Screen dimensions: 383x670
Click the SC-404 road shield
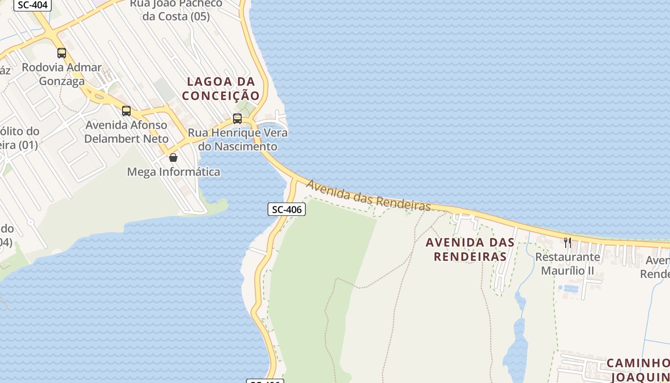pyautogui.click(x=33, y=5)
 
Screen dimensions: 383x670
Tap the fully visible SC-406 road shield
pyautogui.click(x=287, y=209)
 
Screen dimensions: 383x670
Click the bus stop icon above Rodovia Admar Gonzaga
pyautogui.click(x=62, y=53)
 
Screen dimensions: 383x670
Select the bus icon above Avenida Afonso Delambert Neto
pyautogui.click(x=126, y=111)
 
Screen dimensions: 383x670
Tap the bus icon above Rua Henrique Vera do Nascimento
pyautogui.click(x=237, y=119)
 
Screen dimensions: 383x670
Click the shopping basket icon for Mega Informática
pyautogui.click(x=173, y=157)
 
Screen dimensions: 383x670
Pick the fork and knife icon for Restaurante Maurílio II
pyautogui.click(x=568, y=242)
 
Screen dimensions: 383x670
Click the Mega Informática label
pyautogui.click(x=173, y=171)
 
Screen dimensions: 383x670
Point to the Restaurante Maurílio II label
pyautogui.click(x=568, y=264)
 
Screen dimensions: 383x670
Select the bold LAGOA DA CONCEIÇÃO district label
pyautogui.click(x=221, y=89)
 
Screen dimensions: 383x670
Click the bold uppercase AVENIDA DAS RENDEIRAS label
pyautogui.click(x=470, y=249)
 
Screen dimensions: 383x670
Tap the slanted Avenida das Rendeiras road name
pyautogui.click(x=368, y=196)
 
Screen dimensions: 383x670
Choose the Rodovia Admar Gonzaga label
pyautogui.click(x=62, y=74)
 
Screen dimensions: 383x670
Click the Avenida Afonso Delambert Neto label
pyautogui.click(x=127, y=132)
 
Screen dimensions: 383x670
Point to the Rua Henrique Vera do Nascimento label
pyautogui.click(x=238, y=139)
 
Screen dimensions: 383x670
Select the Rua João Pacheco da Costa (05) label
pyautogui.click(x=176, y=10)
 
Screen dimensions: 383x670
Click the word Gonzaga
pyautogui.click(x=62, y=81)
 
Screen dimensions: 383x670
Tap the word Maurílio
pyautogui.click(x=561, y=270)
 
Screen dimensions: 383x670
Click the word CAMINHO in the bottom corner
pyautogui.click(x=638, y=363)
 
